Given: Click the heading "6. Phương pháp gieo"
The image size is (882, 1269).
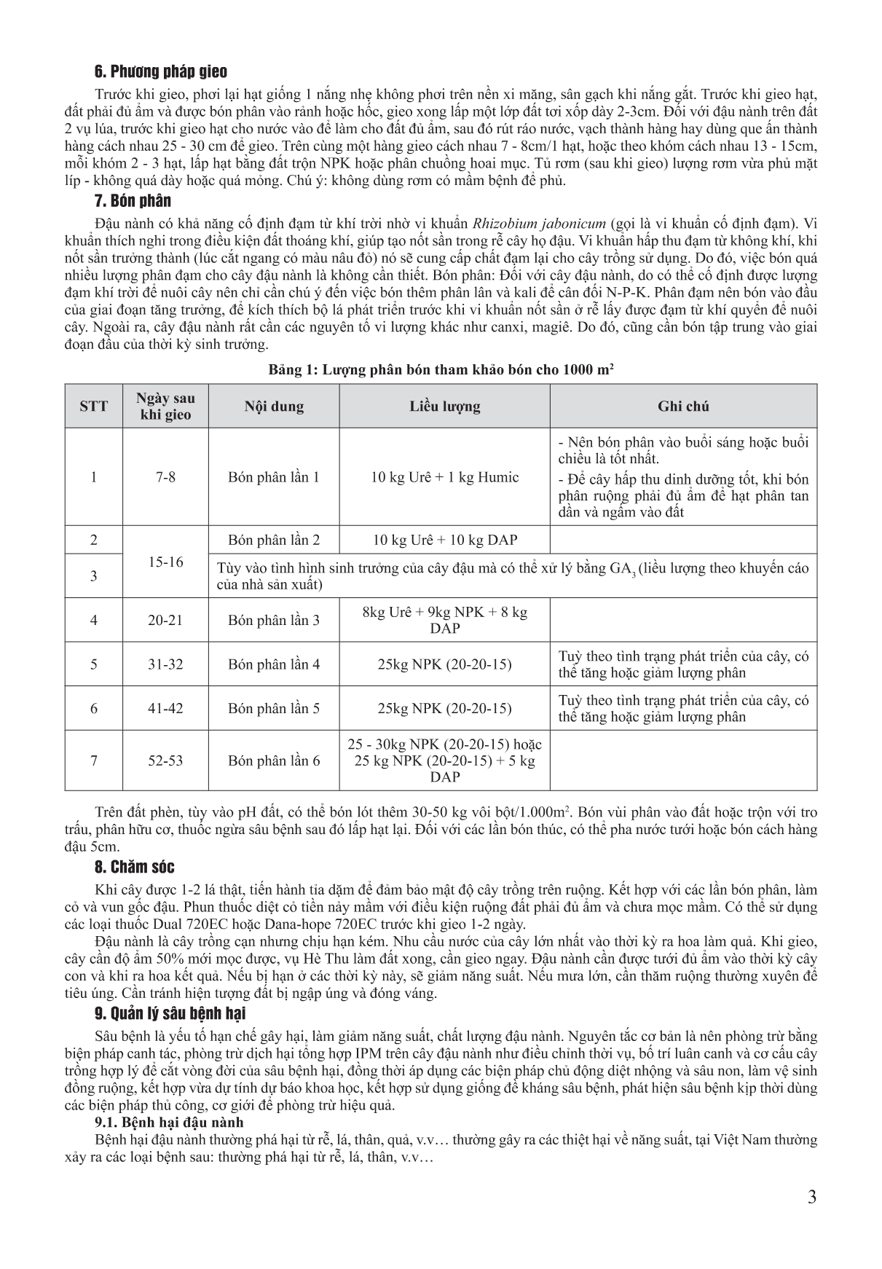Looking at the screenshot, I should [161, 72].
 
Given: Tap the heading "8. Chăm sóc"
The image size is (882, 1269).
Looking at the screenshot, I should [135, 867].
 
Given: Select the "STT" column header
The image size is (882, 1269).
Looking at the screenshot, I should [93, 406].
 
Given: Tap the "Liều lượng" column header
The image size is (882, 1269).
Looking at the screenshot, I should [444, 406].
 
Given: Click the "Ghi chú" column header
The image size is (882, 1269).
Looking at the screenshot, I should [683, 406].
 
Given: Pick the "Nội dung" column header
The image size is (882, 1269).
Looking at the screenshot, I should [274, 406].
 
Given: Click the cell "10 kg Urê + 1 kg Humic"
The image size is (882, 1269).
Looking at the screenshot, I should [444, 477].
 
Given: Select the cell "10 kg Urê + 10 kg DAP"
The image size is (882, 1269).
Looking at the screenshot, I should [444, 540].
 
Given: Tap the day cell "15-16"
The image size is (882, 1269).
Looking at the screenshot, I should [166, 562].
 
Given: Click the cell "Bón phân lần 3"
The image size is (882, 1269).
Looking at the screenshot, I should [274, 620].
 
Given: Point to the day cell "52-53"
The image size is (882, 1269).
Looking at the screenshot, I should [166, 761].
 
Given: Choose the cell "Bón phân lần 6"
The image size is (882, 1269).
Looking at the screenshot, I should [274, 761].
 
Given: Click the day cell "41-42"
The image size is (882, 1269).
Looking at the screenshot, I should [166, 708].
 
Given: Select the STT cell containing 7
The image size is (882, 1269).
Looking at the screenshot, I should [93, 761].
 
